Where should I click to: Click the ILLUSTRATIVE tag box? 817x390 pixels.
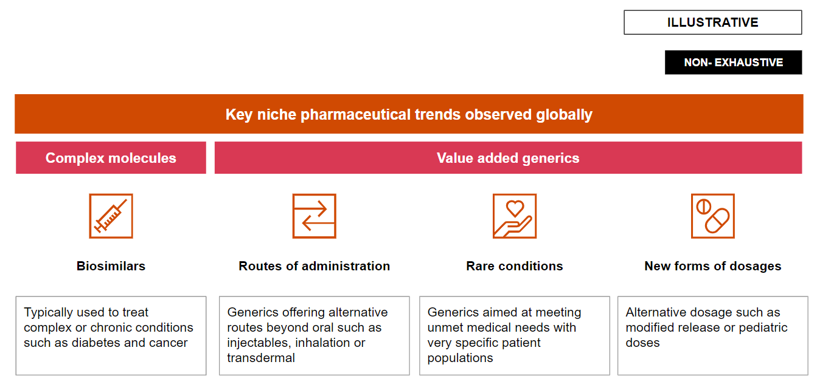(x=713, y=22)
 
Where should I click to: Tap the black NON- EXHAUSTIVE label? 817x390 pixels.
(x=733, y=63)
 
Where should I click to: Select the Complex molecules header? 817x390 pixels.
(x=111, y=158)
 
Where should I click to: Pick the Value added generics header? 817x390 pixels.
(x=508, y=158)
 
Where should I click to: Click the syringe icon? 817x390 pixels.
(x=111, y=216)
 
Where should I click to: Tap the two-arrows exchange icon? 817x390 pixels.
(x=314, y=216)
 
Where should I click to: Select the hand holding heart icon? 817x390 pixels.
(x=514, y=216)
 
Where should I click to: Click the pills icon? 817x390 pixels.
(x=713, y=216)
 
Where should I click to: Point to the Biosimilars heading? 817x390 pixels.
(x=111, y=266)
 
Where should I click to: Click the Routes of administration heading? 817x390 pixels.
(x=314, y=266)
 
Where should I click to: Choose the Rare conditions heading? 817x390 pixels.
(x=514, y=266)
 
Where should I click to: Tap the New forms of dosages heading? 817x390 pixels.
(x=713, y=266)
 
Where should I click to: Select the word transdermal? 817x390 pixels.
(x=261, y=358)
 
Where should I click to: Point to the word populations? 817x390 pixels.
(x=460, y=358)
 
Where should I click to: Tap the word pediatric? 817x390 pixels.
(x=763, y=327)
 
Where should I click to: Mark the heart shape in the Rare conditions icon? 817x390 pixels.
(x=515, y=208)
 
